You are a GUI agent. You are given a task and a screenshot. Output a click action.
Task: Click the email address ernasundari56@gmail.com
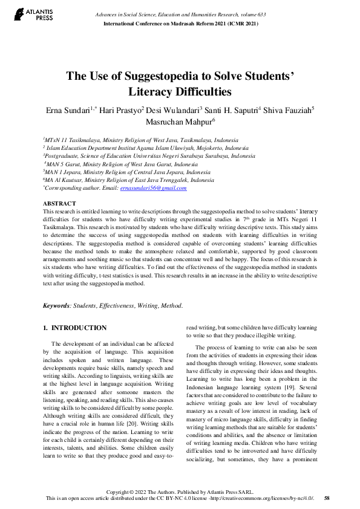tap(154, 188)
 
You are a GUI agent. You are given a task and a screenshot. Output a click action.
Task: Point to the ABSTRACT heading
tap(60, 203)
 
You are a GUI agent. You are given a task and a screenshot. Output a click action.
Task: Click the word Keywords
tap(56, 306)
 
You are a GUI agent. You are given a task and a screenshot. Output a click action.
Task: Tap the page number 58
tap(327, 498)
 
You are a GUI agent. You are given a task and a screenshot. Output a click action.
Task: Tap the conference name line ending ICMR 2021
tap(182, 24)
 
